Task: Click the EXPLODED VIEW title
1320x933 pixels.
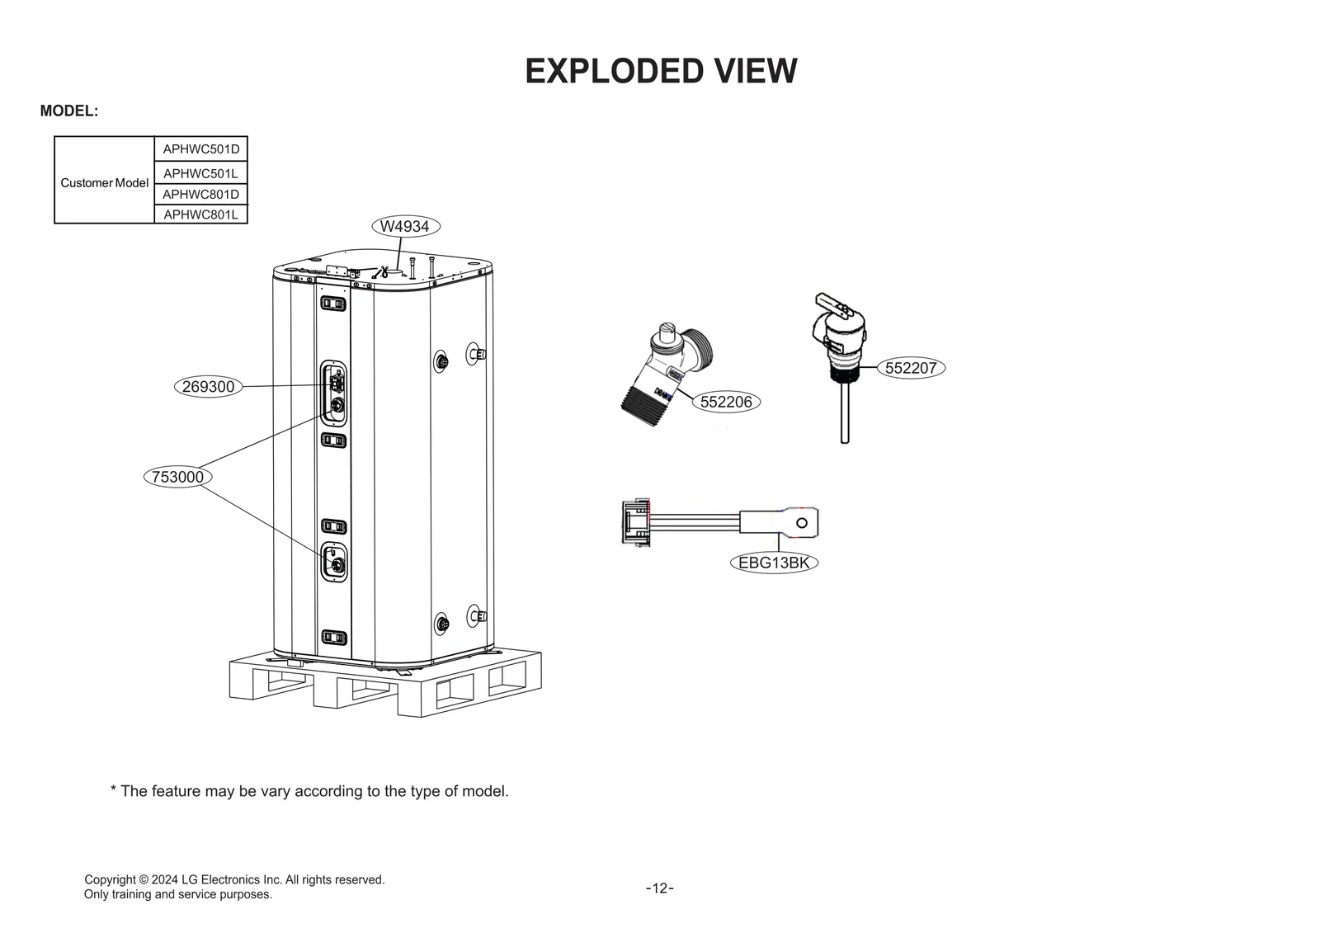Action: (661, 72)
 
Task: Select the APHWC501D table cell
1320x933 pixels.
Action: (200, 149)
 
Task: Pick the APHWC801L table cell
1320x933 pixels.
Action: (200, 214)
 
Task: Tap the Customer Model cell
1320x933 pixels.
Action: (104, 183)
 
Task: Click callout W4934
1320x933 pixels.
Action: (404, 226)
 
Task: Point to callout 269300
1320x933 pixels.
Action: (208, 386)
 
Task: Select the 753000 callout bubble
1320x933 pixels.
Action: (177, 477)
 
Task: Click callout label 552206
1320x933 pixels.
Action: (726, 402)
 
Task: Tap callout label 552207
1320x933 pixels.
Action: (911, 368)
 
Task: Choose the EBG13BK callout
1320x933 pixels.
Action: (773, 563)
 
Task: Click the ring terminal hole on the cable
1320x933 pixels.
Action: (801, 523)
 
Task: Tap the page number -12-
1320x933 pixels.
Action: (659, 888)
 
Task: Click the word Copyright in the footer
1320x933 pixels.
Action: (110, 879)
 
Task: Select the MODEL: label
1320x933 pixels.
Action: (69, 111)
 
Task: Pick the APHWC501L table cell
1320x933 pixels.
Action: (200, 173)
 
